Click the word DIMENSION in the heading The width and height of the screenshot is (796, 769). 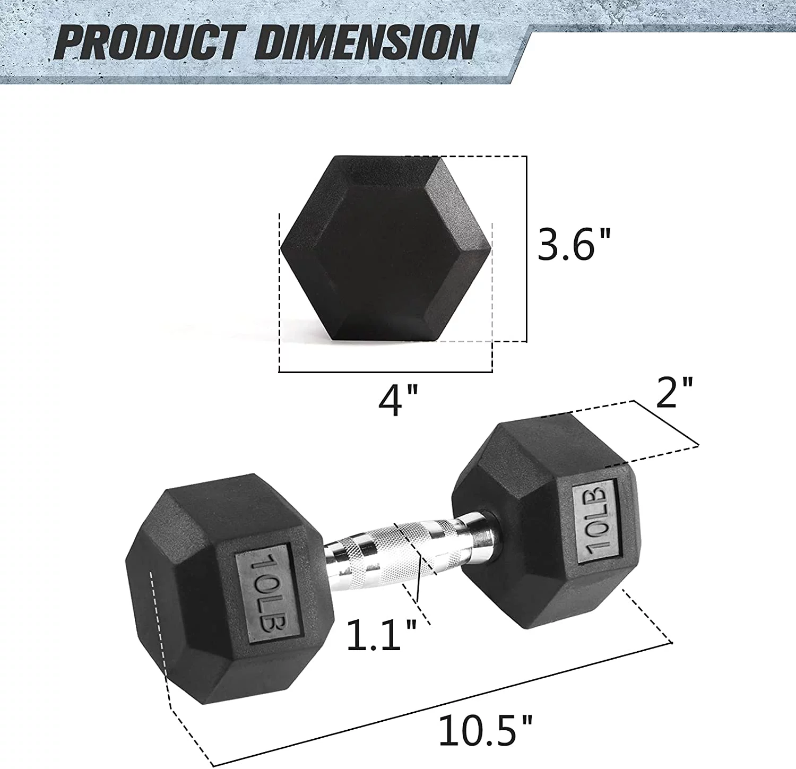click(x=366, y=42)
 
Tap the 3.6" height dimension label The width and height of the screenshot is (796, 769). click(x=574, y=245)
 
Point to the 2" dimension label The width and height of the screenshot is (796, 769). click(x=674, y=393)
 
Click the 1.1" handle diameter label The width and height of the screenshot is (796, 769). click(x=381, y=635)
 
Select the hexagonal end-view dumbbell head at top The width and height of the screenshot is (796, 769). click(x=385, y=248)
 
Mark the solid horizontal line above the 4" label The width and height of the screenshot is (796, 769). click(x=385, y=372)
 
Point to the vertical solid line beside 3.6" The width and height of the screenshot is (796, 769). click(x=526, y=248)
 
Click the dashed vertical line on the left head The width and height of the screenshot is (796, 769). click(x=160, y=637)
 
